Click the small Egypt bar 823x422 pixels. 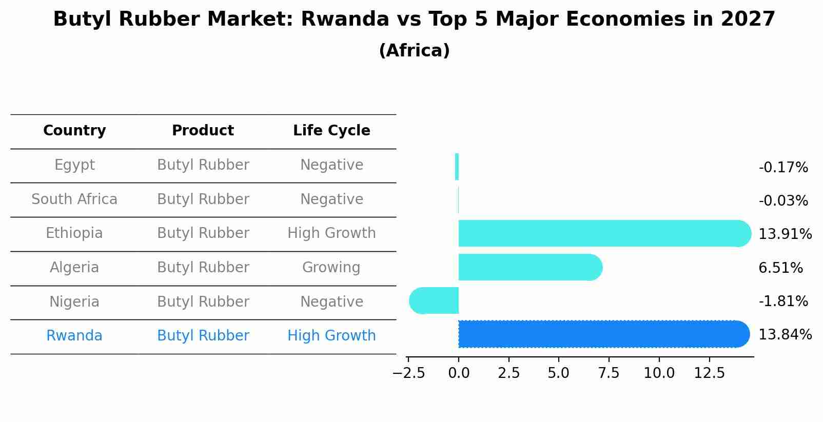(x=457, y=167)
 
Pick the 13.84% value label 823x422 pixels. (x=785, y=335)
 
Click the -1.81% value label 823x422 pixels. (x=783, y=302)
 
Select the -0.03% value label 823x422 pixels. (x=783, y=201)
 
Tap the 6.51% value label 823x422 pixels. (x=780, y=268)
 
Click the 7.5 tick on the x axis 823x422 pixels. (x=609, y=373)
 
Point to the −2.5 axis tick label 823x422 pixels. (x=408, y=373)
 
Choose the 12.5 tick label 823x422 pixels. (x=709, y=373)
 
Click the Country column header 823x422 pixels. (x=74, y=131)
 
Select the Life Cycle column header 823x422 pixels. (x=331, y=131)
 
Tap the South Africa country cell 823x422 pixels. (x=74, y=199)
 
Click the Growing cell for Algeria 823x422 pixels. (x=331, y=268)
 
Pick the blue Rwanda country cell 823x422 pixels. (x=74, y=336)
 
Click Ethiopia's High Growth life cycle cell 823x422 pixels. (x=331, y=233)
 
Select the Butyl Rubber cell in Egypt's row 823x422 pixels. (x=203, y=165)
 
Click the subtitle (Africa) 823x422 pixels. (x=414, y=51)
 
